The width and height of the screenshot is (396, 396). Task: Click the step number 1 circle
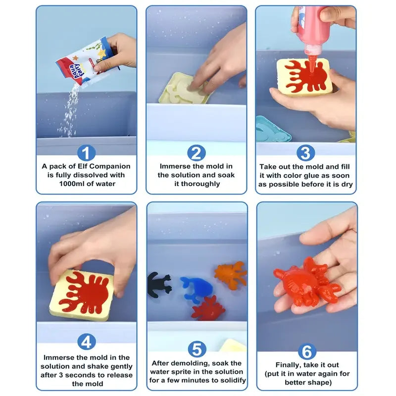[x=86, y=153]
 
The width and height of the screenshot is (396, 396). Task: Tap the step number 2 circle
[x=197, y=153]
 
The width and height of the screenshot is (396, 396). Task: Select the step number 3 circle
[x=306, y=153]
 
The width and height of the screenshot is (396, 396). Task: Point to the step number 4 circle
[x=86, y=342]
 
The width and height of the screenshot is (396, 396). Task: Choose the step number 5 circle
[x=197, y=349]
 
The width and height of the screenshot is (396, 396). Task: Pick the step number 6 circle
[x=307, y=351]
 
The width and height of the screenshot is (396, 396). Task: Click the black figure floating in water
[x=158, y=285]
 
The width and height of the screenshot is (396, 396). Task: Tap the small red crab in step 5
[x=208, y=308]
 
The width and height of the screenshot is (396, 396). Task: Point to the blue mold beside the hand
[x=272, y=130]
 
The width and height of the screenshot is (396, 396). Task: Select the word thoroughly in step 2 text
[x=197, y=184]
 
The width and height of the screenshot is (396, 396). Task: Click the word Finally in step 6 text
[x=290, y=365]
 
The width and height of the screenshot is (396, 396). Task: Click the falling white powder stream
[x=72, y=109]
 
